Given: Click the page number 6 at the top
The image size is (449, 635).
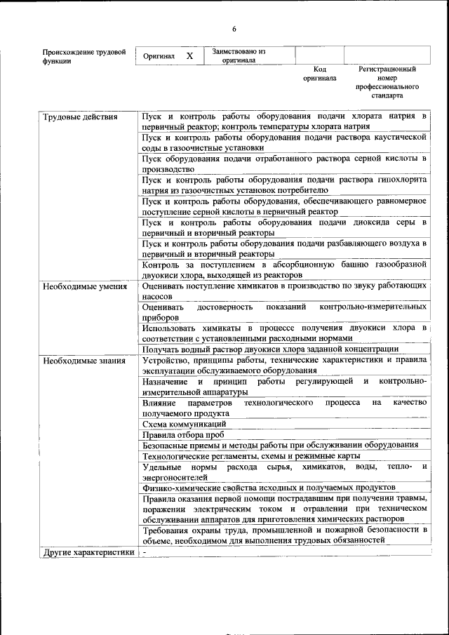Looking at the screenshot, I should (x=234, y=29).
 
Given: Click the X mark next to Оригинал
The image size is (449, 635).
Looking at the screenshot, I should (x=189, y=55).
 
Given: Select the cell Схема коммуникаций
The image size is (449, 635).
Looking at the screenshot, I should (x=184, y=425).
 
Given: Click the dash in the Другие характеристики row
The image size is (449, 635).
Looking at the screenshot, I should (x=144, y=552).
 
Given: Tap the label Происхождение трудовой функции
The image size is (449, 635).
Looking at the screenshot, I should (x=84, y=56).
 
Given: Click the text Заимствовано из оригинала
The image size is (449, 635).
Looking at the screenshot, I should (x=239, y=55).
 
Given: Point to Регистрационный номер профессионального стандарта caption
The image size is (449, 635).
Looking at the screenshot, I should (x=387, y=82).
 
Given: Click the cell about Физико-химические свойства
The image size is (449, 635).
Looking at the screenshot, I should (x=269, y=487).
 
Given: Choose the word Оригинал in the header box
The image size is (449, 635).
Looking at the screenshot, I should (x=159, y=55).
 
